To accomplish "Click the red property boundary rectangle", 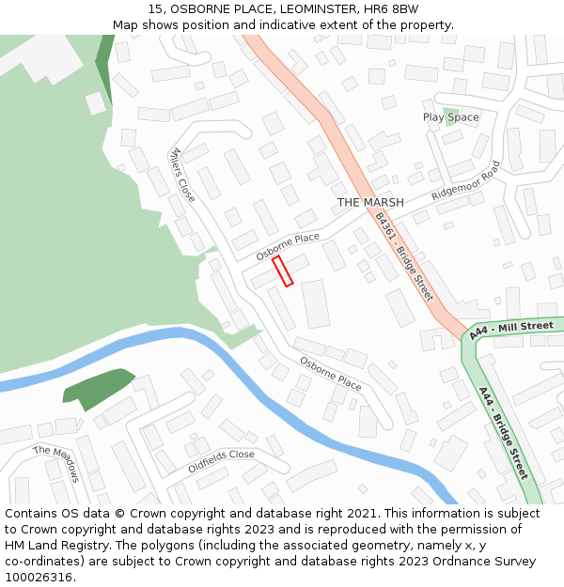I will click(283, 270).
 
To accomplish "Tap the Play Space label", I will click(450, 117).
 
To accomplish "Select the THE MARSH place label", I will click(370, 203).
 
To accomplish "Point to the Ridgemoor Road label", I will click(466, 182).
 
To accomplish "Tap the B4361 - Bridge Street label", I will click(403, 256).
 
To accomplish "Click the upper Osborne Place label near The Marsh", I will click(288, 246).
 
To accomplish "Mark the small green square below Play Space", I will click(452, 112).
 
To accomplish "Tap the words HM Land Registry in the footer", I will click(50, 546).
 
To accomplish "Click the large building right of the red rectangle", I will click(316, 303).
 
